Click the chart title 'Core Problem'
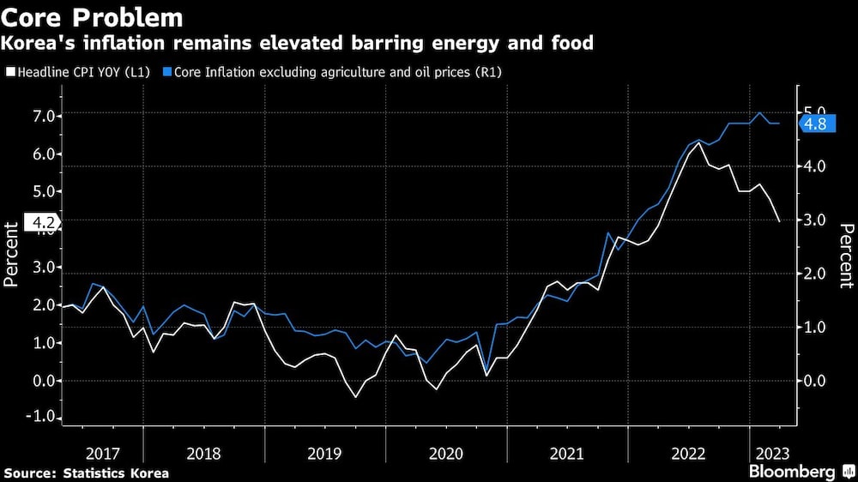[x=92, y=17]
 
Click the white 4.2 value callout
[x=42, y=224]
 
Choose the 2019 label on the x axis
[x=325, y=452]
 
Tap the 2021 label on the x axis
[x=567, y=452]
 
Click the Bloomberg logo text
[x=792, y=472]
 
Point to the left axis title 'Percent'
[x=12, y=254]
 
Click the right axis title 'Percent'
[x=846, y=254]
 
